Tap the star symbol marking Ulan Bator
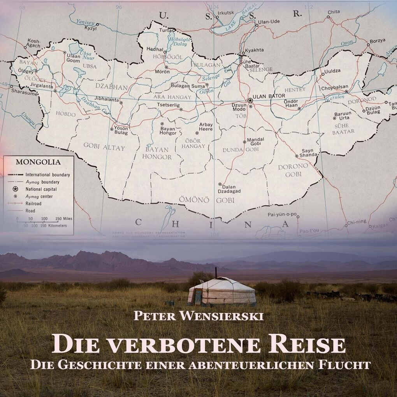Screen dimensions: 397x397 [x=250, y=100]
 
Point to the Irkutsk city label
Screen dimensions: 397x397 [x=225, y=12]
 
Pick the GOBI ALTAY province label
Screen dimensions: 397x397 [x=104, y=148]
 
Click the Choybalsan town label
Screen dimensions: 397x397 [x=334, y=88]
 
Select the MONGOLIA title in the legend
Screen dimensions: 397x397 [x=38, y=162]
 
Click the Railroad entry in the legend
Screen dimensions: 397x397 [x=33, y=204]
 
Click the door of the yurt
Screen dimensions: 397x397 [x=198, y=297]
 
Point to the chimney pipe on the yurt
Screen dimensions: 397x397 [x=216, y=272]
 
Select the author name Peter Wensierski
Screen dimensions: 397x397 [x=198, y=316]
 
